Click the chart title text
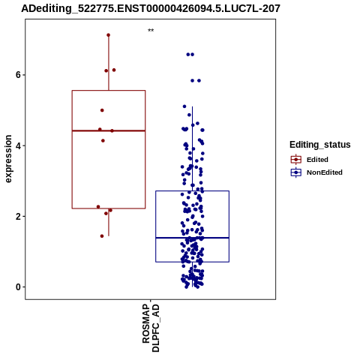point(151,8)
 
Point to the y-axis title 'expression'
point(8,159)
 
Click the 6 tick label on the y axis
point(18,75)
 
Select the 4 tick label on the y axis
point(18,145)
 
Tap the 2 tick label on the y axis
point(18,216)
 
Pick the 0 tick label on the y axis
point(18,287)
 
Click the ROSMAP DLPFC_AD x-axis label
point(151,328)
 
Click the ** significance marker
point(151,31)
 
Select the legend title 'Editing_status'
point(320,145)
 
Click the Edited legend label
point(317,160)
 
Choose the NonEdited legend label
point(325,172)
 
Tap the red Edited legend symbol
point(296,160)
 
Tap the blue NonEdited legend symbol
point(296,172)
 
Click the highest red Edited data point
point(109,35)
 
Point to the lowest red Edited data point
point(102,236)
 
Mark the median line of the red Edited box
point(109,130)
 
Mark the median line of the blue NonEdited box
point(192,238)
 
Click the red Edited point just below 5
point(102,110)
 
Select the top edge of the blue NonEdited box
point(192,191)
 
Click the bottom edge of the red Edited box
point(109,208)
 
